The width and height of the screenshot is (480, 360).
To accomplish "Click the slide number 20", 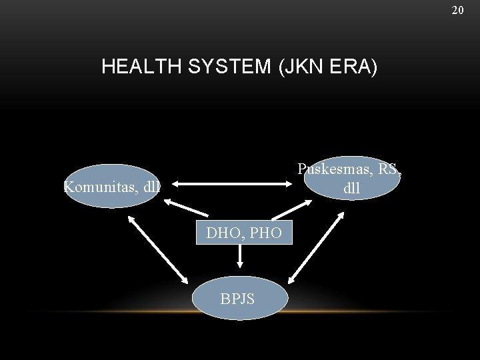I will (457, 10).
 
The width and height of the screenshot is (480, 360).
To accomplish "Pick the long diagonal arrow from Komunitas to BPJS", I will (157, 249).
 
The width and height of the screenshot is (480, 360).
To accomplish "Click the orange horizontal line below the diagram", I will (240, 313).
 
